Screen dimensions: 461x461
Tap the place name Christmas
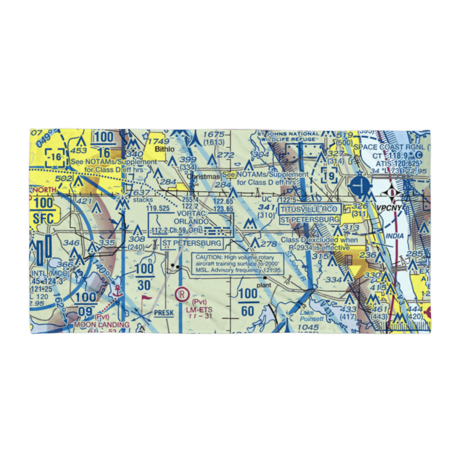pos(204,176)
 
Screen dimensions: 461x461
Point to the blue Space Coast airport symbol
pos(360,187)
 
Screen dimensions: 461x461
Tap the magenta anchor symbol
pos(117,291)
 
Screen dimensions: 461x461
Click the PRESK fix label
pos(164,313)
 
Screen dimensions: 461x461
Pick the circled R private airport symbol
pos(183,293)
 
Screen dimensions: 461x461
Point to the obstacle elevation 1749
pos(159,141)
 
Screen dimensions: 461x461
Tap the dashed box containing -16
pos(55,157)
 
